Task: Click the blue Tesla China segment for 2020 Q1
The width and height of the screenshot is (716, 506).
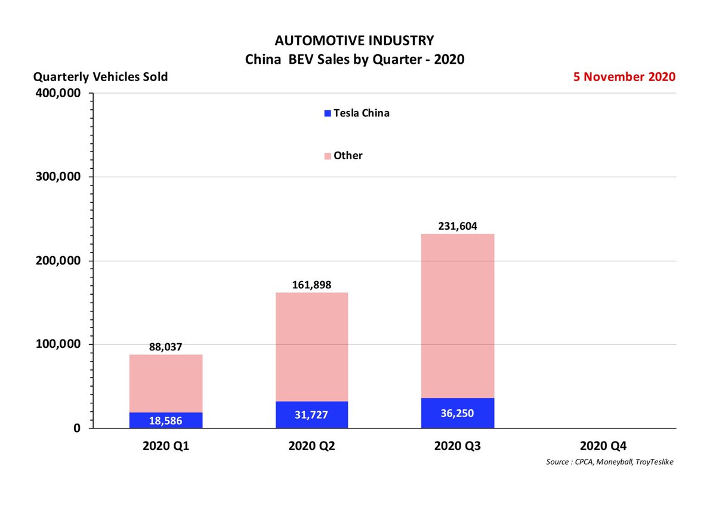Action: (x=166, y=420)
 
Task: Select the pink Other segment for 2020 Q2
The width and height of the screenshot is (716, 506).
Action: (x=311, y=347)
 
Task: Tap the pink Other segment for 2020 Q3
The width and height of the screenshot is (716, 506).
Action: (x=457, y=316)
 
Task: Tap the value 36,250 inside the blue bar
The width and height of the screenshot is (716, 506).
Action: (x=457, y=413)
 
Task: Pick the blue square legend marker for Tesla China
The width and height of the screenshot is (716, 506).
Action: (x=327, y=113)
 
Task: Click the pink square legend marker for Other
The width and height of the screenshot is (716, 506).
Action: (x=327, y=156)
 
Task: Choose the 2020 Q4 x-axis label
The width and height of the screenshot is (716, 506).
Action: (x=603, y=445)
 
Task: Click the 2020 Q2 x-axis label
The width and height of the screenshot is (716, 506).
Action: (x=311, y=445)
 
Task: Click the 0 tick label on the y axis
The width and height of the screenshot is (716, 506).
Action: (x=77, y=428)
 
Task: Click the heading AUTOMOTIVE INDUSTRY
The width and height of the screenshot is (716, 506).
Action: (x=354, y=41)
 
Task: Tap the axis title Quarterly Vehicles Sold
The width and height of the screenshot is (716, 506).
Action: (x=100, y=77)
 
